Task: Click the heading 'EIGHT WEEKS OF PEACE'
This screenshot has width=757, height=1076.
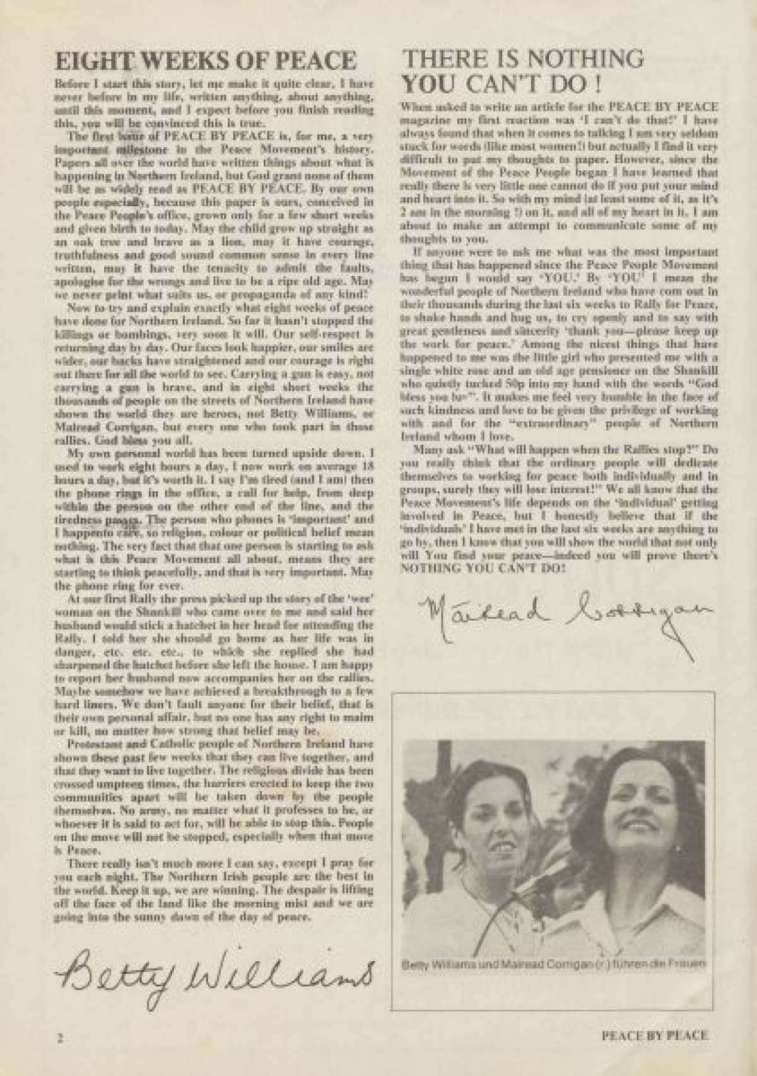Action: click(206, 61)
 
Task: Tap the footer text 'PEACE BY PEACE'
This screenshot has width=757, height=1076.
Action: click(655, 1035)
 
